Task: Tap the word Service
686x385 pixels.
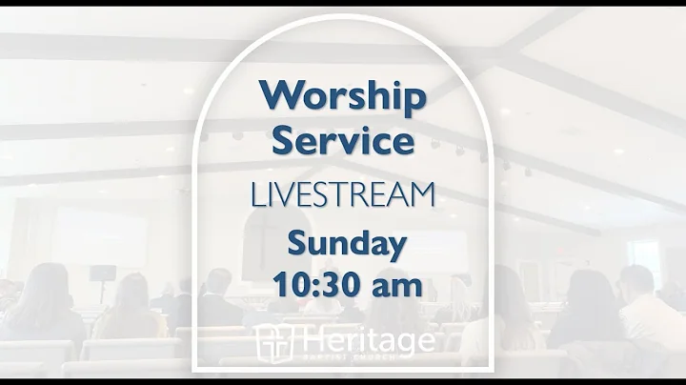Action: point(342,141)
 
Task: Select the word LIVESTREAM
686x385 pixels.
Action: point(342,195)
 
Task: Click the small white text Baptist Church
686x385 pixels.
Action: point(367,358)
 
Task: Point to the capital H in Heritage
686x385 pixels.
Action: point(307,339)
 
